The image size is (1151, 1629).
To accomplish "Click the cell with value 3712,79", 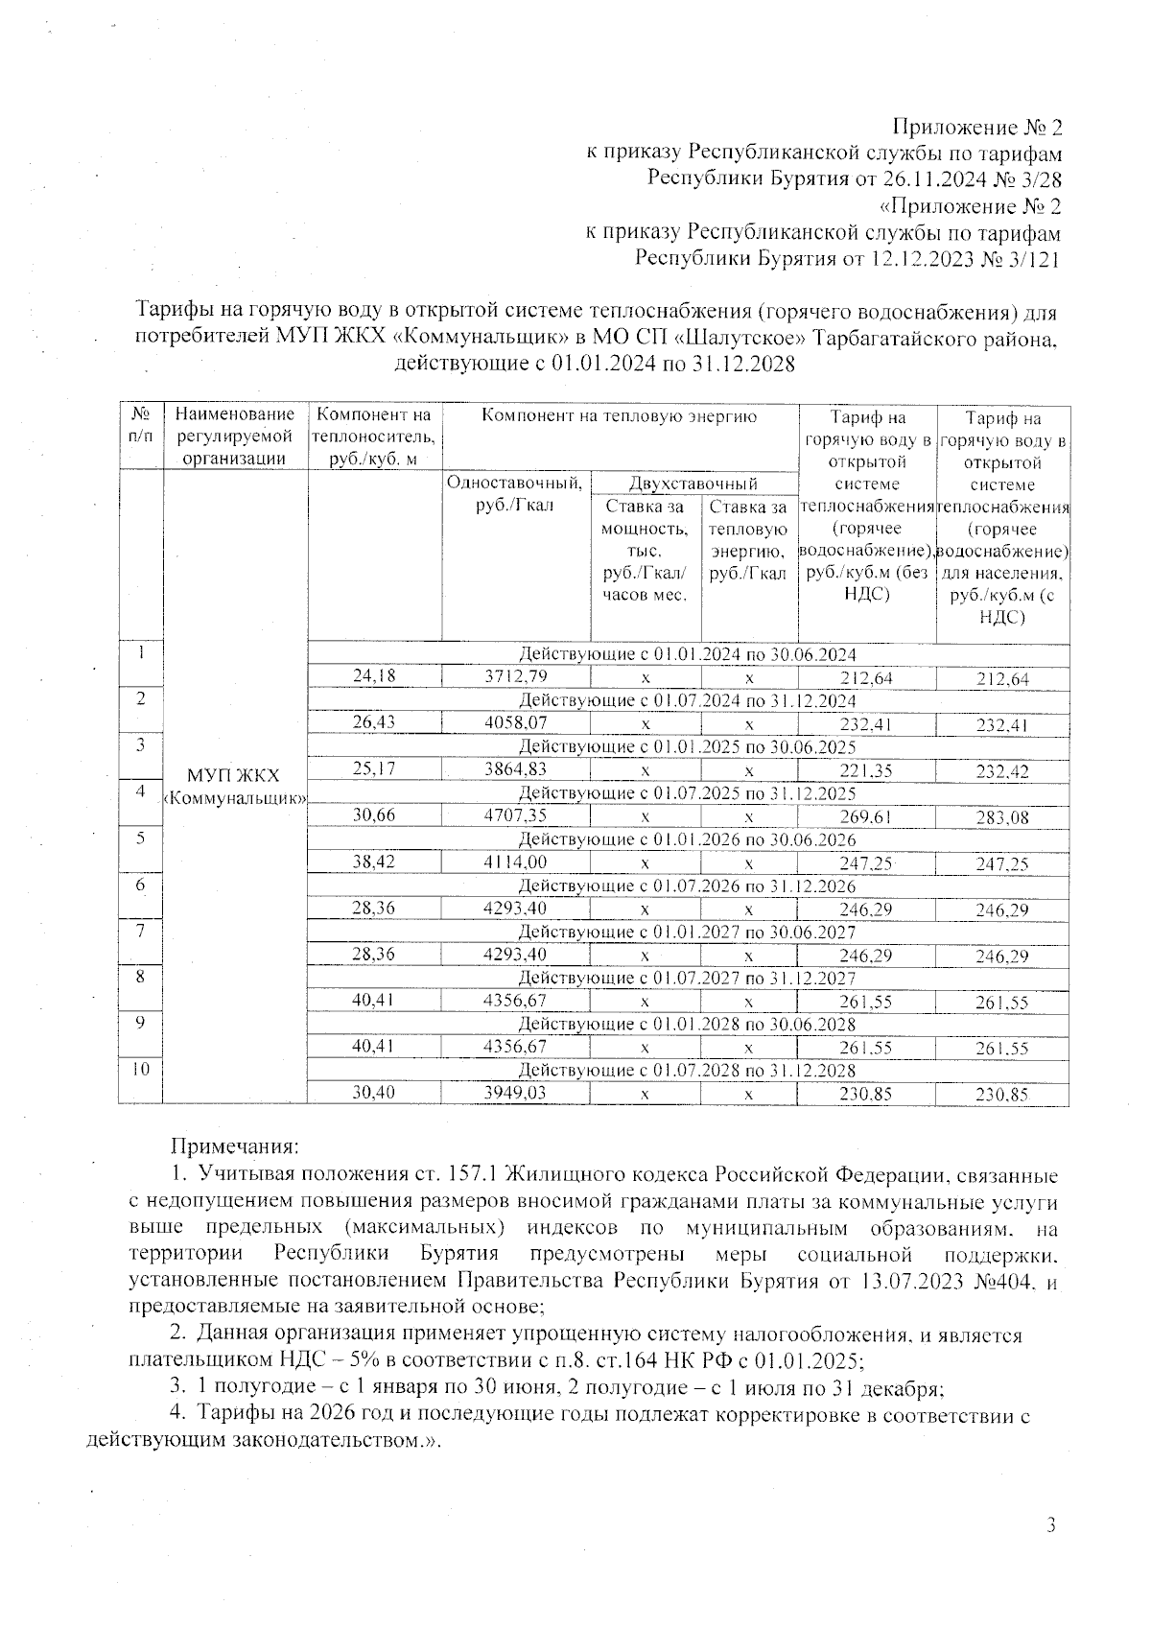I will (515, 676).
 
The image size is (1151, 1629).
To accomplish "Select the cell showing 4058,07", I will (515, 722).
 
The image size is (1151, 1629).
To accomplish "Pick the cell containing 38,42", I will (374, 862).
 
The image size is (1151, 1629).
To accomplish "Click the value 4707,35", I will (515, 815).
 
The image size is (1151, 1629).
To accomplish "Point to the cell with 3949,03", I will (515, 1092).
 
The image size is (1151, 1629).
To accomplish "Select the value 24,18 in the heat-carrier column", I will (374, 676).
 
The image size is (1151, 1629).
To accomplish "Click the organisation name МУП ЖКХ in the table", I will (235, 775).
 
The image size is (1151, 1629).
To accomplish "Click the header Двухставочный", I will (693, 484).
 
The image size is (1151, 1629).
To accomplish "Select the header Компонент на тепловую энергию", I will (619, 416).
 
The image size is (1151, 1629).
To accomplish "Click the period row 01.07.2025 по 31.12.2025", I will (687, 793).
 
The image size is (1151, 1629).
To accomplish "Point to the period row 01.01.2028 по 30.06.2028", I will (687, 1024).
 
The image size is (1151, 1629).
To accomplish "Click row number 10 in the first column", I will (141, 1069).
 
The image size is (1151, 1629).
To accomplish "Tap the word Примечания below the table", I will (235, 1145).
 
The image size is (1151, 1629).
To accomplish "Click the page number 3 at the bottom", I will (1050, 1525).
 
